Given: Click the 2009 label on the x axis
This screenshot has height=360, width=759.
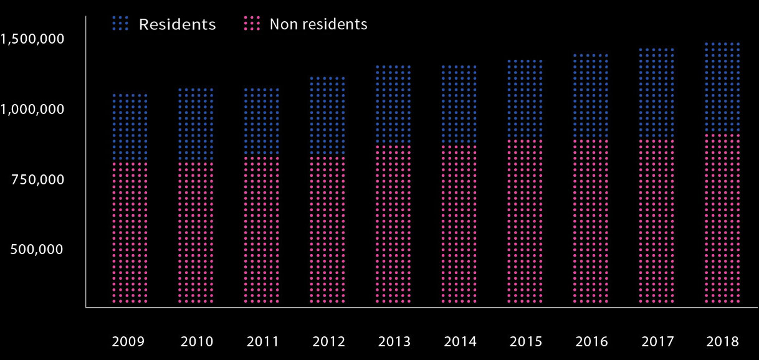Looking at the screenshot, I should point(128,341).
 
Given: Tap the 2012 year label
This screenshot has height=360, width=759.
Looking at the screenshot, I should point(328,341).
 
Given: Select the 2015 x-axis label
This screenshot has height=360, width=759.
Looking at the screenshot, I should point(526,341).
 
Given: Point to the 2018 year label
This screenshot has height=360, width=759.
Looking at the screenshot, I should point(723,341).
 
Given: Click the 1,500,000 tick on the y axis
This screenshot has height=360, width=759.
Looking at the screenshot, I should point(32,39).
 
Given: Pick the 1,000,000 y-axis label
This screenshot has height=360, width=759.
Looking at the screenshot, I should point(32,109).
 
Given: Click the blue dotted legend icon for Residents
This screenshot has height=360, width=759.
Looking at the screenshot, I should point(120,24).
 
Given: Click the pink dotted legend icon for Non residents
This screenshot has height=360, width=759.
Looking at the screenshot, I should point(251,24).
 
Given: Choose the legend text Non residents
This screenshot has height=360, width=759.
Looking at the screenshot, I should point(318,24).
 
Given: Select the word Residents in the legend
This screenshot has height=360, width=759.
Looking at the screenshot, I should point(177,24).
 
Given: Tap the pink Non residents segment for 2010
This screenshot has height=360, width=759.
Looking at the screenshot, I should point(196,234).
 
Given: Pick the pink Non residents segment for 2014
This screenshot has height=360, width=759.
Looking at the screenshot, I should point(459,224).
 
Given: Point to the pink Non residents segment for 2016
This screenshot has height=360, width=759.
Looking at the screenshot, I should point(591,221).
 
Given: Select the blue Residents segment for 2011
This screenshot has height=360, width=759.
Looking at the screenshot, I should point(262,121).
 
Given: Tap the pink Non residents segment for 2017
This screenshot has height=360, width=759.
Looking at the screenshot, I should point(657,221).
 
